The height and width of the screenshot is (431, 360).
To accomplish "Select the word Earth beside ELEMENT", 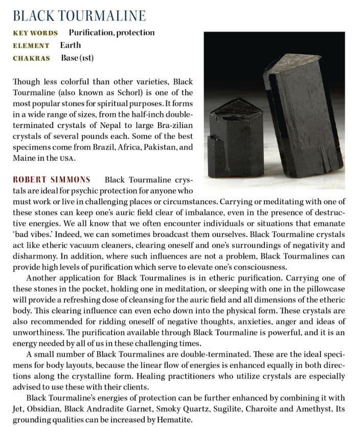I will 71,46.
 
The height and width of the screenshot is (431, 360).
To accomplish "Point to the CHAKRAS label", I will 32,58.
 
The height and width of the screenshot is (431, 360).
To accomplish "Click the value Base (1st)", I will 77,58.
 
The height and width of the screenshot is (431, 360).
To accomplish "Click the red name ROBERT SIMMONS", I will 51,180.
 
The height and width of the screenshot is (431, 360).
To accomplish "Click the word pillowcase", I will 327,289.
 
